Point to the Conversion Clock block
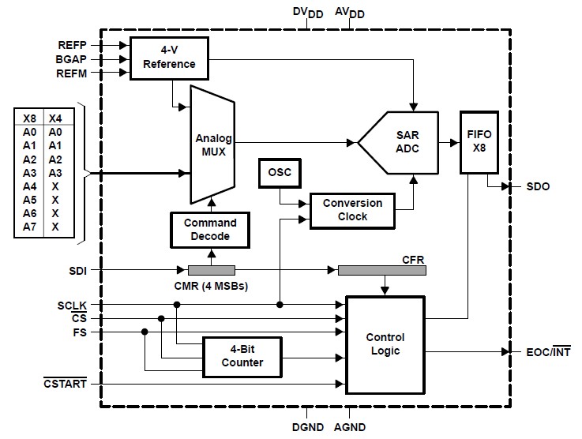[x=352, y=209]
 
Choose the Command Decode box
[x=210, y=229]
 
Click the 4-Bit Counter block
[x=243, y=357]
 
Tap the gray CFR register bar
[x=381, y=270]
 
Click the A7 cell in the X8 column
[x=29, y=227]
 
